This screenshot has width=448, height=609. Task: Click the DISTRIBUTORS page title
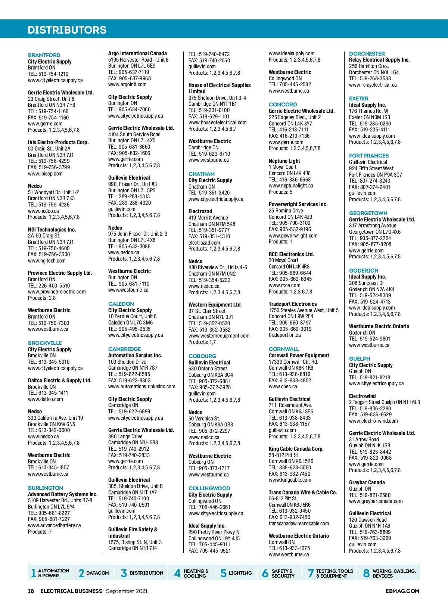pos(67,30)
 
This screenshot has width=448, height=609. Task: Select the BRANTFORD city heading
pos(44,55)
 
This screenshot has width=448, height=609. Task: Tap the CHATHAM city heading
pos(202,174)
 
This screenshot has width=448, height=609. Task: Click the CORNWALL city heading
pos(284,349)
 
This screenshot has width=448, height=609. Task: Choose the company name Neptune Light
pos(284,161)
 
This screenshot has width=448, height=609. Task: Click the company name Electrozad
pos(200,211)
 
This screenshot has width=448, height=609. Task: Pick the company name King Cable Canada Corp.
pos(296,449)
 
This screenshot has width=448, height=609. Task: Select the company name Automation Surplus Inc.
pos(135,355)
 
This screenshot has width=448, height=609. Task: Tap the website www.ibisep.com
pos(45,174)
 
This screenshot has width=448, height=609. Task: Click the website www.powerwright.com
pos(293,236)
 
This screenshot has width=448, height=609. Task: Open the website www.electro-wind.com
pos(373,421)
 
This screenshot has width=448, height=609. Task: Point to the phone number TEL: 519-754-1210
pos(48,74)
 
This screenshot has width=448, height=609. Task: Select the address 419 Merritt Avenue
pos(208,218)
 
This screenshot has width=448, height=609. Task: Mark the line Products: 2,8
pos(42,298)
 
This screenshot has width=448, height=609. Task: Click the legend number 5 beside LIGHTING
pos(224,573)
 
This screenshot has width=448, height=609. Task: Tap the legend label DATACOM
pos(97,573)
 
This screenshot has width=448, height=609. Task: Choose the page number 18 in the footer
pos(31,591)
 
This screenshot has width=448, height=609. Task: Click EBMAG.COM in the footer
pos(402,591)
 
